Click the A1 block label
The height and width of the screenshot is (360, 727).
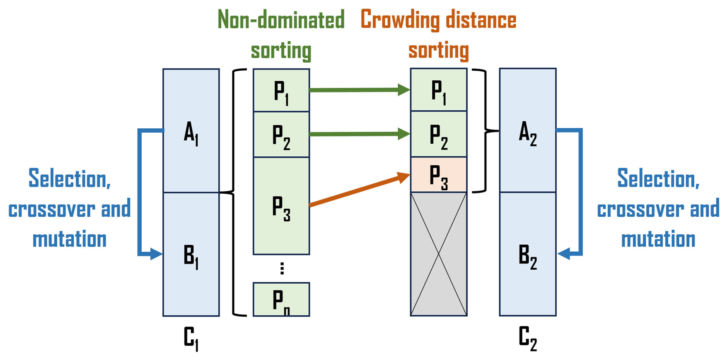point(191,133)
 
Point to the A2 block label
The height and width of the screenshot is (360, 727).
point(528,133)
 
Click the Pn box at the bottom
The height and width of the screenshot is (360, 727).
point(281,300)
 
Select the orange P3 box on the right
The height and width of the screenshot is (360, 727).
point(438,175)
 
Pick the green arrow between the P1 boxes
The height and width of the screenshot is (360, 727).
point(359,90)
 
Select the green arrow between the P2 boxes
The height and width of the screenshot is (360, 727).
point(359,134)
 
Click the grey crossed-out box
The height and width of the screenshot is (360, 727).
point(438,254)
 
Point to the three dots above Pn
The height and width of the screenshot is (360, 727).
point(282,268)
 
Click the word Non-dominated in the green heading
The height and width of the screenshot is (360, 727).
point(281,20)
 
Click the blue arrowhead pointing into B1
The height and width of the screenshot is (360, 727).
point(156,254)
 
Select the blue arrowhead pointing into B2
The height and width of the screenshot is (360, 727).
point(563,254)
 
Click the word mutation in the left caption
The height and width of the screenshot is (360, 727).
point(70,239)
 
